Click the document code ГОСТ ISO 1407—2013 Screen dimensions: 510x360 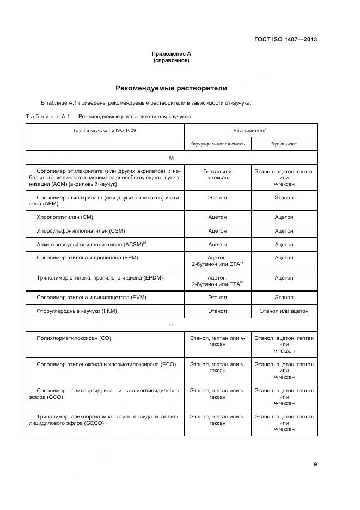coord(285,39)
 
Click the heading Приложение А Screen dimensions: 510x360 coord(171,54)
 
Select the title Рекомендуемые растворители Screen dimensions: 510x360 coord(171,88)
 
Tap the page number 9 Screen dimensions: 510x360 coord(315,464)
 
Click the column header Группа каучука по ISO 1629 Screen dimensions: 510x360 coord(105,131)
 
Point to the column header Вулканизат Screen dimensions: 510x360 coord(284,144)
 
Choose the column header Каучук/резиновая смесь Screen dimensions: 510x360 coord(217,144)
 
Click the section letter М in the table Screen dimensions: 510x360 coord(171,158)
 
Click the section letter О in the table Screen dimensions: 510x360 coord(171,325)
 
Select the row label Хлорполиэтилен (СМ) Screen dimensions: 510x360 coord(65,217)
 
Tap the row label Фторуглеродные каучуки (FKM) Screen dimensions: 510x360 coord(77,311)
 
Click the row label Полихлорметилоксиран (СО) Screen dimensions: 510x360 coord(74,338)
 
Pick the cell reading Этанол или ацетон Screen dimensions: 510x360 coord(284,311)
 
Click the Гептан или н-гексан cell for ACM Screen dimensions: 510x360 coord(217,175)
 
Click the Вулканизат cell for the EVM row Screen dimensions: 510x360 coord(284,297)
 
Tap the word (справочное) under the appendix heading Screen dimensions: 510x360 coord(171,60)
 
